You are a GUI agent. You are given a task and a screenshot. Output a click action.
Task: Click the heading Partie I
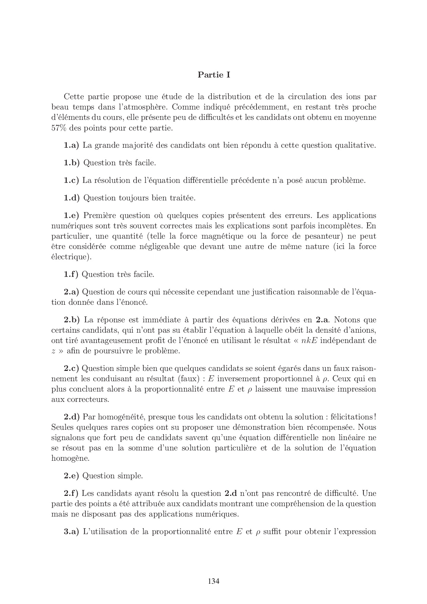tap(213, 75)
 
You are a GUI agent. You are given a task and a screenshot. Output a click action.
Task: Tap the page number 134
tap(213, 581)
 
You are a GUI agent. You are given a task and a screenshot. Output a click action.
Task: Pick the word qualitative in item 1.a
tap(355, 145)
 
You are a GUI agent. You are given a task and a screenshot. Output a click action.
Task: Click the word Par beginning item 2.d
tap(88, 417)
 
